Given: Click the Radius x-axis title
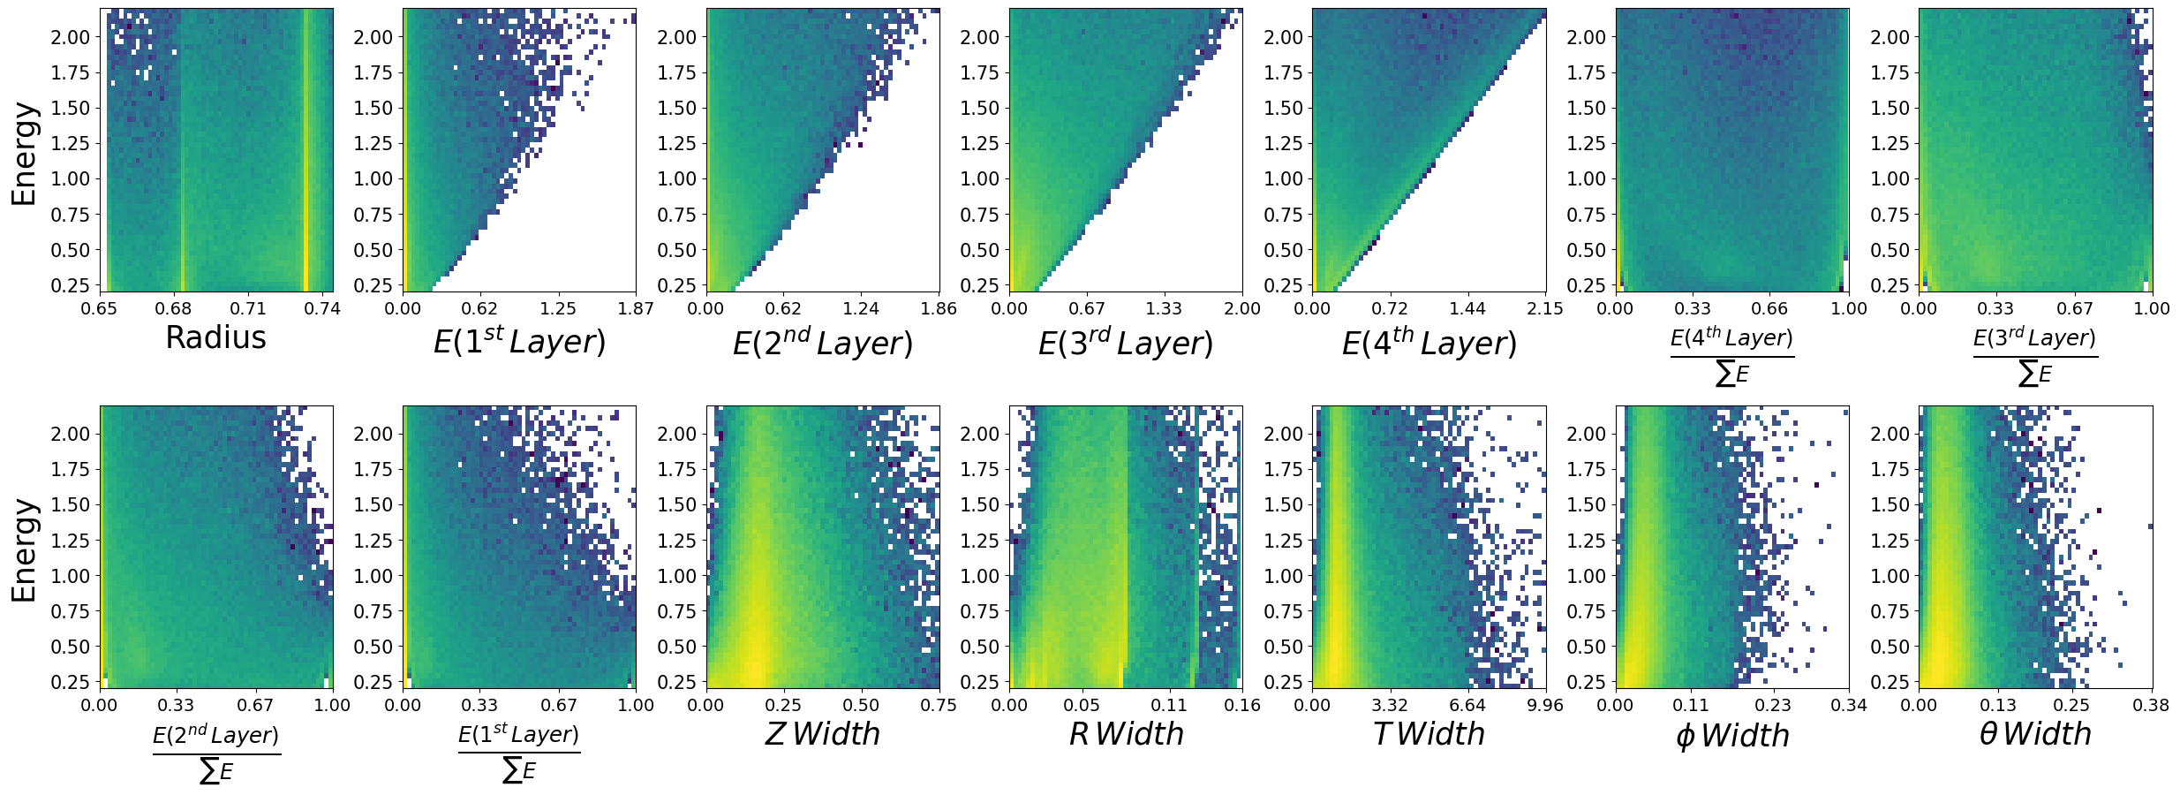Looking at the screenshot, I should tap(215, 337).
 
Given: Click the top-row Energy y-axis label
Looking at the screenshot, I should tap(24, 154).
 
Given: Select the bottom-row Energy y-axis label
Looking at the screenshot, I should tap(24, 550).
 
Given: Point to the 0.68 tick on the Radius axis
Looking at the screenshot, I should tap(173, 308).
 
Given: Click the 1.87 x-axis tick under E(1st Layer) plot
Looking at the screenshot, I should tap(636, 308).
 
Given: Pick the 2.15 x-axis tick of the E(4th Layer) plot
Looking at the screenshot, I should tap(1545, 308).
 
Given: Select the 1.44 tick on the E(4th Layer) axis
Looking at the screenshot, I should tap(1467, 308).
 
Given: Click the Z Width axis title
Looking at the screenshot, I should tap(822, 734).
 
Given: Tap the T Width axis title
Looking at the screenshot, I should tap(1429, 734).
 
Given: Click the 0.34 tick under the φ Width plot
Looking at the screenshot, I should tap(1848, 705).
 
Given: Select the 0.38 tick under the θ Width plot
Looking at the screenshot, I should tap(2151, 705).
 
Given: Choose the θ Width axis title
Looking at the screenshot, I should tap(2035, 734).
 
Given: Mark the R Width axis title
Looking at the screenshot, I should tap(1126, 734).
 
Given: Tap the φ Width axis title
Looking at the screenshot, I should tap(1731, 735).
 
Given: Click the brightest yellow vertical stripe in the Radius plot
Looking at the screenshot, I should tap(306, 150).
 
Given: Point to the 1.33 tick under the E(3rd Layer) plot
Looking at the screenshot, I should tap(1164, 308).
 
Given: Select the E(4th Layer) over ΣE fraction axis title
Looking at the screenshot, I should tap(1731, 356).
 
